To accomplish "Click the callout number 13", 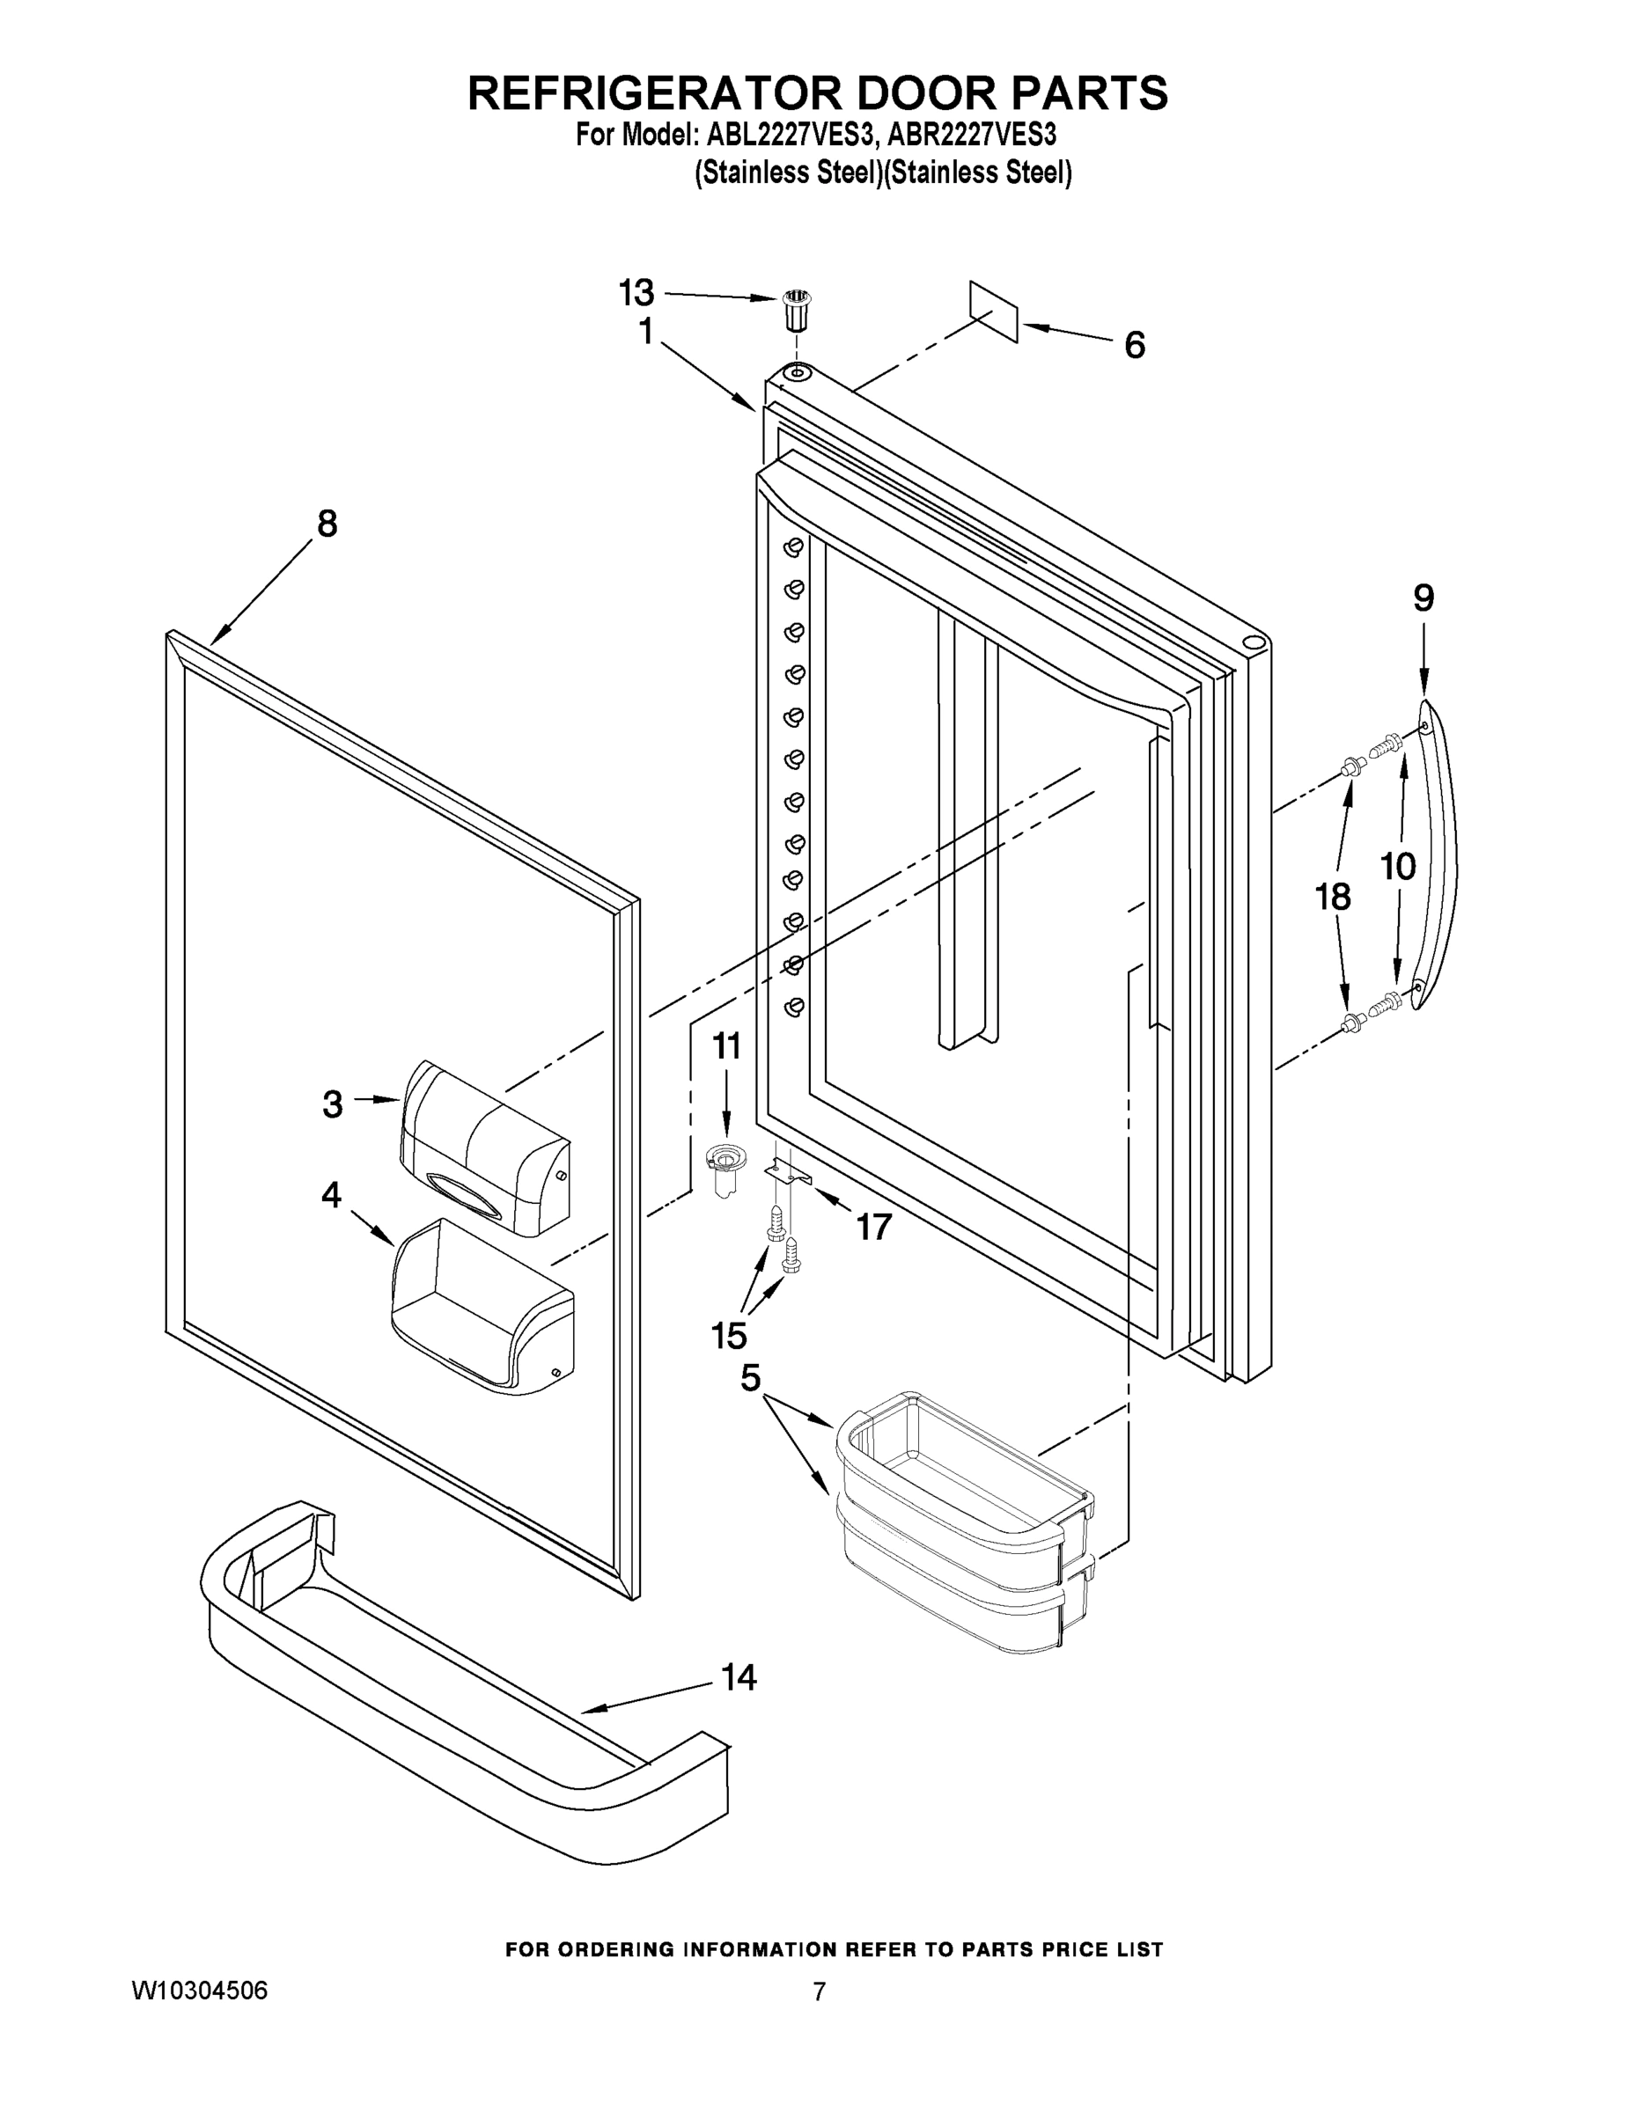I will point(636,292).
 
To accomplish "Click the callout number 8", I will point(327,524).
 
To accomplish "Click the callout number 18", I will point(1333,897).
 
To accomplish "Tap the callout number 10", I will point(1398,867).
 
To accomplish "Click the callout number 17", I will point(873,1228).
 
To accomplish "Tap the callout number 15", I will point(730,1336).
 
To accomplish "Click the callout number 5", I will point(751,1377).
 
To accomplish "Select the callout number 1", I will point(645,332).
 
